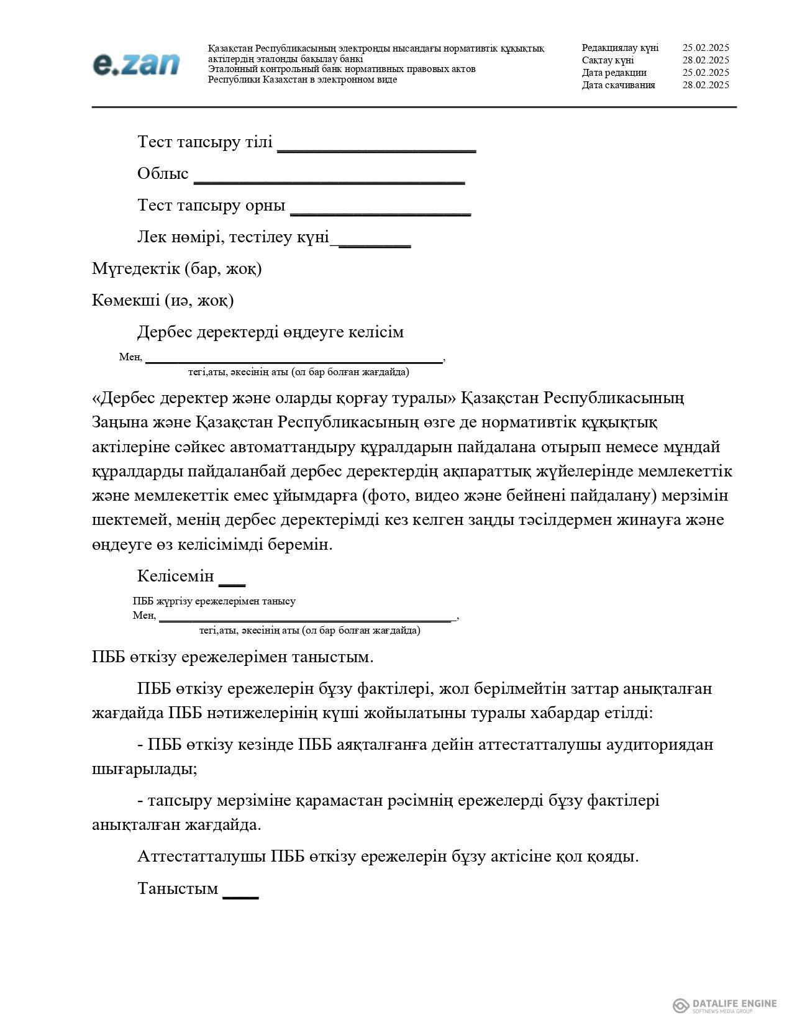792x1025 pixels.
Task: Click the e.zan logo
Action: tap(136, 64)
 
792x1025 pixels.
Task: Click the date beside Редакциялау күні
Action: tap(706, 48)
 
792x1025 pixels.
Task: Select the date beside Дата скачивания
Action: tap(706, 85)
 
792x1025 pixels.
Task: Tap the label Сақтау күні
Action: tap(608, 60)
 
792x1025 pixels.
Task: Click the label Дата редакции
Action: tap(614, 73)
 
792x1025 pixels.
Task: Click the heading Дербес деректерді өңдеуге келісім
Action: tap(270, 332)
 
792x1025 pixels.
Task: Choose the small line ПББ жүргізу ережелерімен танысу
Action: tap(214, 601)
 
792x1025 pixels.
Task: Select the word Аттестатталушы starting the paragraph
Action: tap(203, 857)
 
